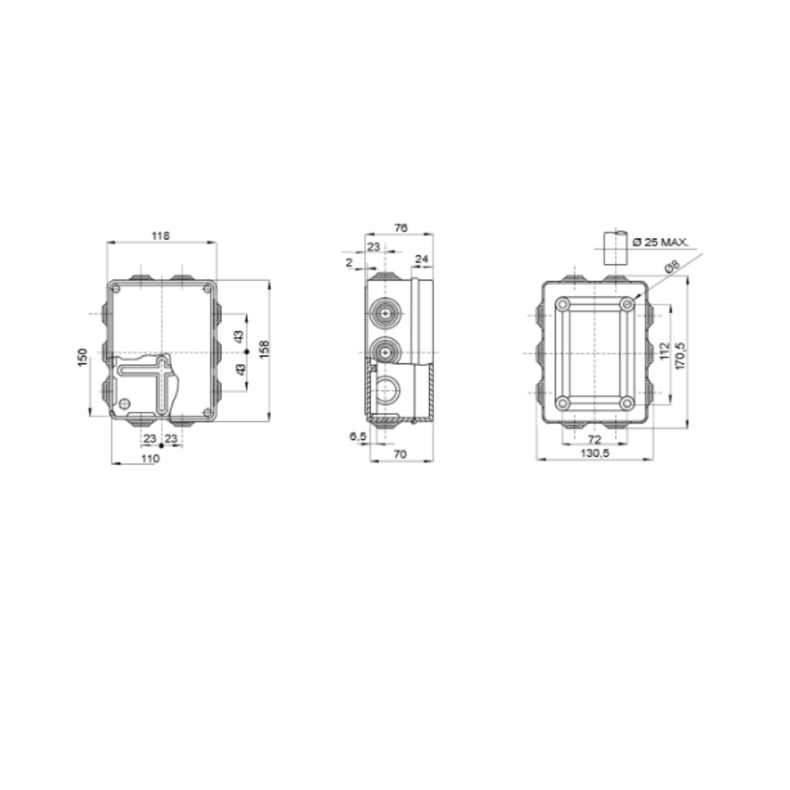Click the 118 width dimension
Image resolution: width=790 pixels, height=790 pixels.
(x=161, y=235)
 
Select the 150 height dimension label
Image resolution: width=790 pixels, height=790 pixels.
(x=82, y=356)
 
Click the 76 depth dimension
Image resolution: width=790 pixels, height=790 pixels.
(x=401, y=228)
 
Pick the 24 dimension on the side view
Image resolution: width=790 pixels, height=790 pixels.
(x=421, y=258)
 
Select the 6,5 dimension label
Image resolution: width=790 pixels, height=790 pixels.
(x=356, y=436)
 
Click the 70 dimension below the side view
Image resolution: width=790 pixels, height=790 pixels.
(x=401, y=456)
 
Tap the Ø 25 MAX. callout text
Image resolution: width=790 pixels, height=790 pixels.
(x=662, y=242)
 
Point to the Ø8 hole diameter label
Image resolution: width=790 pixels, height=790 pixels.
(x=672, y=268)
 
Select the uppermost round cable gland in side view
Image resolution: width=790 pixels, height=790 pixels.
(x=383, y=314)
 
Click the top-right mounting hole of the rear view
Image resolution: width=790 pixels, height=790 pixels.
(x=626, y=303)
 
